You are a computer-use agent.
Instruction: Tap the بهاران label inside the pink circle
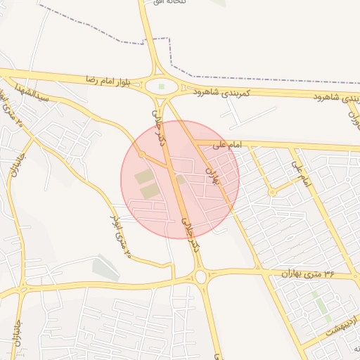coord(212,176)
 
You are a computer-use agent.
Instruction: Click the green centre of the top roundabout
coord(162,86)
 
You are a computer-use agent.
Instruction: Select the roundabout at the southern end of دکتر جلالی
coord(201,276)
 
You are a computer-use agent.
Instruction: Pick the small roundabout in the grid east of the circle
coord(271,192)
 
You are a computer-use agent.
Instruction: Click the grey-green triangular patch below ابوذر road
coord(105,268)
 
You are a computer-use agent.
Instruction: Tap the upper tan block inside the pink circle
coord(143,176)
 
